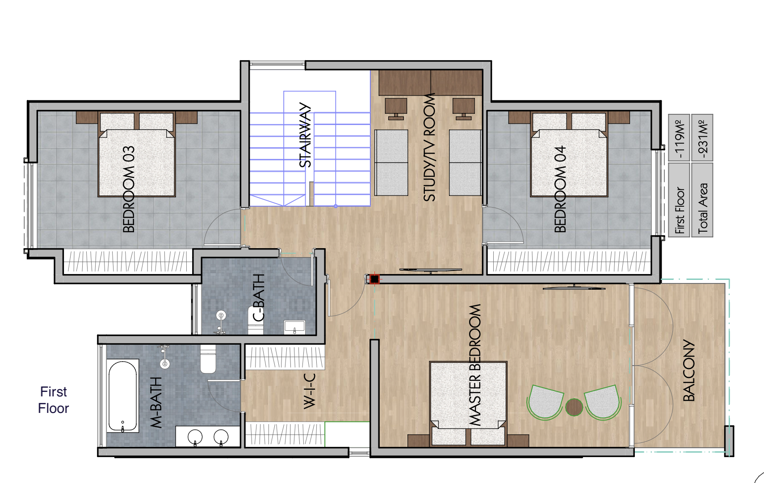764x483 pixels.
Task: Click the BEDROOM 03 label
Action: tap(128, 189)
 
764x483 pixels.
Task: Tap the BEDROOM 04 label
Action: tap(560, 189)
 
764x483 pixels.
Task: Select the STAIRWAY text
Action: tap(305, 135)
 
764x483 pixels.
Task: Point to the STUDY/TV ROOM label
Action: tap(429, 147)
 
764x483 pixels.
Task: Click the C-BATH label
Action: tap(259, 297)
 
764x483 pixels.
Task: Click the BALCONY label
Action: tap(689, 371)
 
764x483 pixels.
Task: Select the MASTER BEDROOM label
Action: tap(475, 365)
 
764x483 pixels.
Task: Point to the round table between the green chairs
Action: tap(574, 407)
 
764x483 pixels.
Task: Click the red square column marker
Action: tap(374, 279)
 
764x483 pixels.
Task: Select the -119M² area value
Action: tap(679, 138)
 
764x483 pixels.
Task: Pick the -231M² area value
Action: tap(702, 138)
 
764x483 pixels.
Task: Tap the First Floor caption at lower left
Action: tap(54, 400)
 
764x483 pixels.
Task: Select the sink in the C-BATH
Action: tap(294, 326)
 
